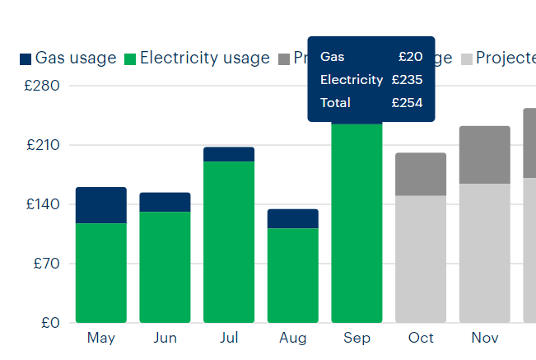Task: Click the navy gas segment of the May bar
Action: pos(100,205)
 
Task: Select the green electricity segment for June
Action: pos(165,267)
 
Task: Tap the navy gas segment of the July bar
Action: pos(229,154)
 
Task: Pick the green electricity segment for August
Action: pos(292,275)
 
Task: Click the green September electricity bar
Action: pos(357,222)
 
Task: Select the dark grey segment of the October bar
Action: pos(421,174)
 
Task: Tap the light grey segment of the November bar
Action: pos(485,253)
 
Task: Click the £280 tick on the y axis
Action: pos(45,86)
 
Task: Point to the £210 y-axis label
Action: pos(45,145)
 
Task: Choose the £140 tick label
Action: pos(45,204)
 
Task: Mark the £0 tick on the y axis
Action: pos(51,323)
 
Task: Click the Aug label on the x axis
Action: pos(292,339)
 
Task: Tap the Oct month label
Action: pos(421,339)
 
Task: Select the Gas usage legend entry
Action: pos(68,58)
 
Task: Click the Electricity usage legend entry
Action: pos(197,58)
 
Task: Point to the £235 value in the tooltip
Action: pos(407,80)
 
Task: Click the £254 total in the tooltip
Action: pos(407,103)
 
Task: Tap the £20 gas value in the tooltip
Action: pos(410,57)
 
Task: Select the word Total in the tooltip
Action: pos(335,103)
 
